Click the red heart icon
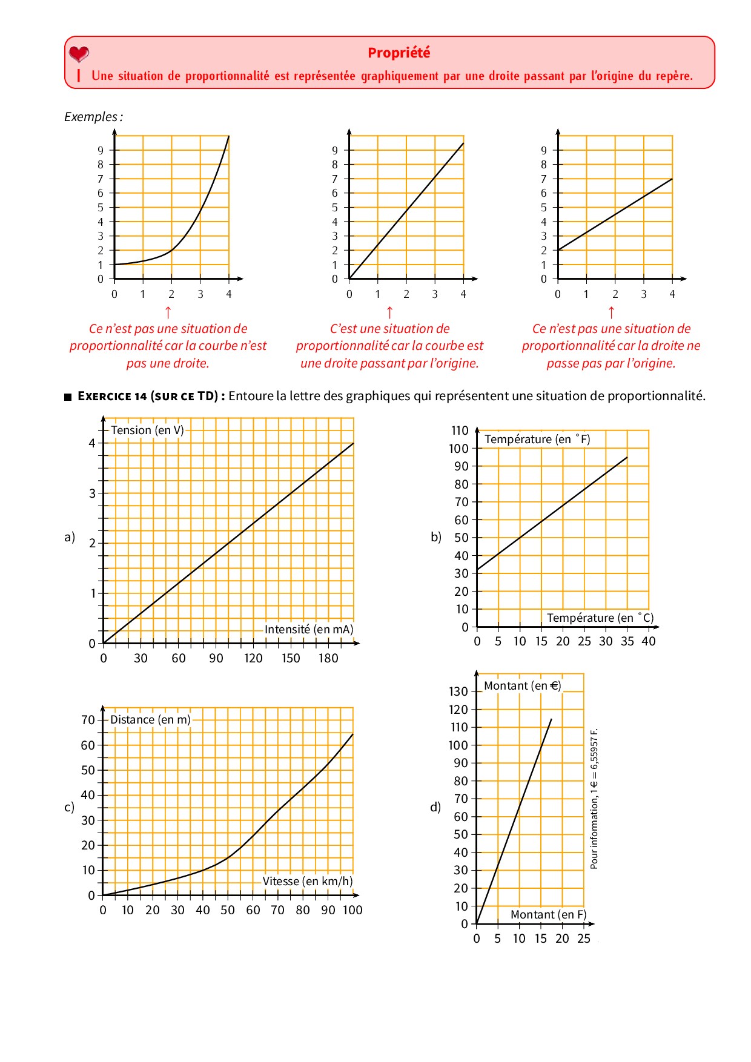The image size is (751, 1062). click(79, 54)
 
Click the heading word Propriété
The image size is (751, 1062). click(399, 53)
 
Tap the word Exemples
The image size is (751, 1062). click(91, 117)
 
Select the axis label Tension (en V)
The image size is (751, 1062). click(147, 430)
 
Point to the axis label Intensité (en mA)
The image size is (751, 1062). click(309, 630)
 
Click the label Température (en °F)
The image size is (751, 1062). click(537, 440)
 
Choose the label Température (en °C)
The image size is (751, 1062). click(600, 618)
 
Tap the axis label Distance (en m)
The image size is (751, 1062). click(150, 720)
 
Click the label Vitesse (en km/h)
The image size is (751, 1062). click(308, 882)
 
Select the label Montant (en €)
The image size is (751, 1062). click(523, 686)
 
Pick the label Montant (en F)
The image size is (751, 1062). click(549, 915)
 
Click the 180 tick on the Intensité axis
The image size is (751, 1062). click(328, 659)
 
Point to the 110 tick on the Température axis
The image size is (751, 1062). click(460, 430)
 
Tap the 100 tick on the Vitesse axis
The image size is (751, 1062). click(352, 911)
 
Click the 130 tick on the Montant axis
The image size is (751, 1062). click(458, 691)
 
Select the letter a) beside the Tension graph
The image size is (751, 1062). click(70, 537)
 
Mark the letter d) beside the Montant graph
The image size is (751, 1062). click(435, 807)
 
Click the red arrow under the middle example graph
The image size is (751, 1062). click(390, 312)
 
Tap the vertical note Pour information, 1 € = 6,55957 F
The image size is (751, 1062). click(594, 799)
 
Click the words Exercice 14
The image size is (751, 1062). click(113, 397)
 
